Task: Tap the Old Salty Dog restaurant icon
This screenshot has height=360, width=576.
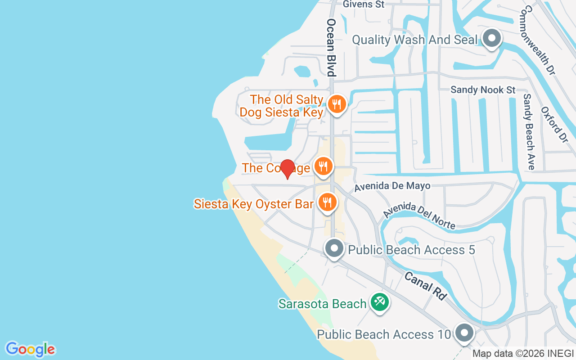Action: pos(336,105)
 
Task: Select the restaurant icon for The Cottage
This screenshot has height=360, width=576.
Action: pos(323,167)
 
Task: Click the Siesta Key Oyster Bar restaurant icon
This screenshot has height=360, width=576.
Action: pos(328,202)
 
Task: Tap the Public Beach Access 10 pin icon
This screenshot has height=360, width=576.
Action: pos(464,333)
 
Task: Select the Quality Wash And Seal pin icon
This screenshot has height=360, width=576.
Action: pos(492,39)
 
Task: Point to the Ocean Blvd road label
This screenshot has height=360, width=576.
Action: pos(332,47)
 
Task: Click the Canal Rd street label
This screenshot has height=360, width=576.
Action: pos(425,286)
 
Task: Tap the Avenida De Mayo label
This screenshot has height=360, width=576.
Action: pos(392,186)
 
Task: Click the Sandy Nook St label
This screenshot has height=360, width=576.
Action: pos(483,90)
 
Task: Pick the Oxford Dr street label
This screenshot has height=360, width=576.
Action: pos(554,125)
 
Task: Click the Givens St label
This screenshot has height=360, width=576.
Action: pos(364,4)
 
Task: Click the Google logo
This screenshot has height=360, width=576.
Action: pos(30,349)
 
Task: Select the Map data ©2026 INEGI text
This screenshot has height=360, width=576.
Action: pos(523,354)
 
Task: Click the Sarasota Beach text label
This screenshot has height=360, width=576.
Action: pos(322,304)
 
